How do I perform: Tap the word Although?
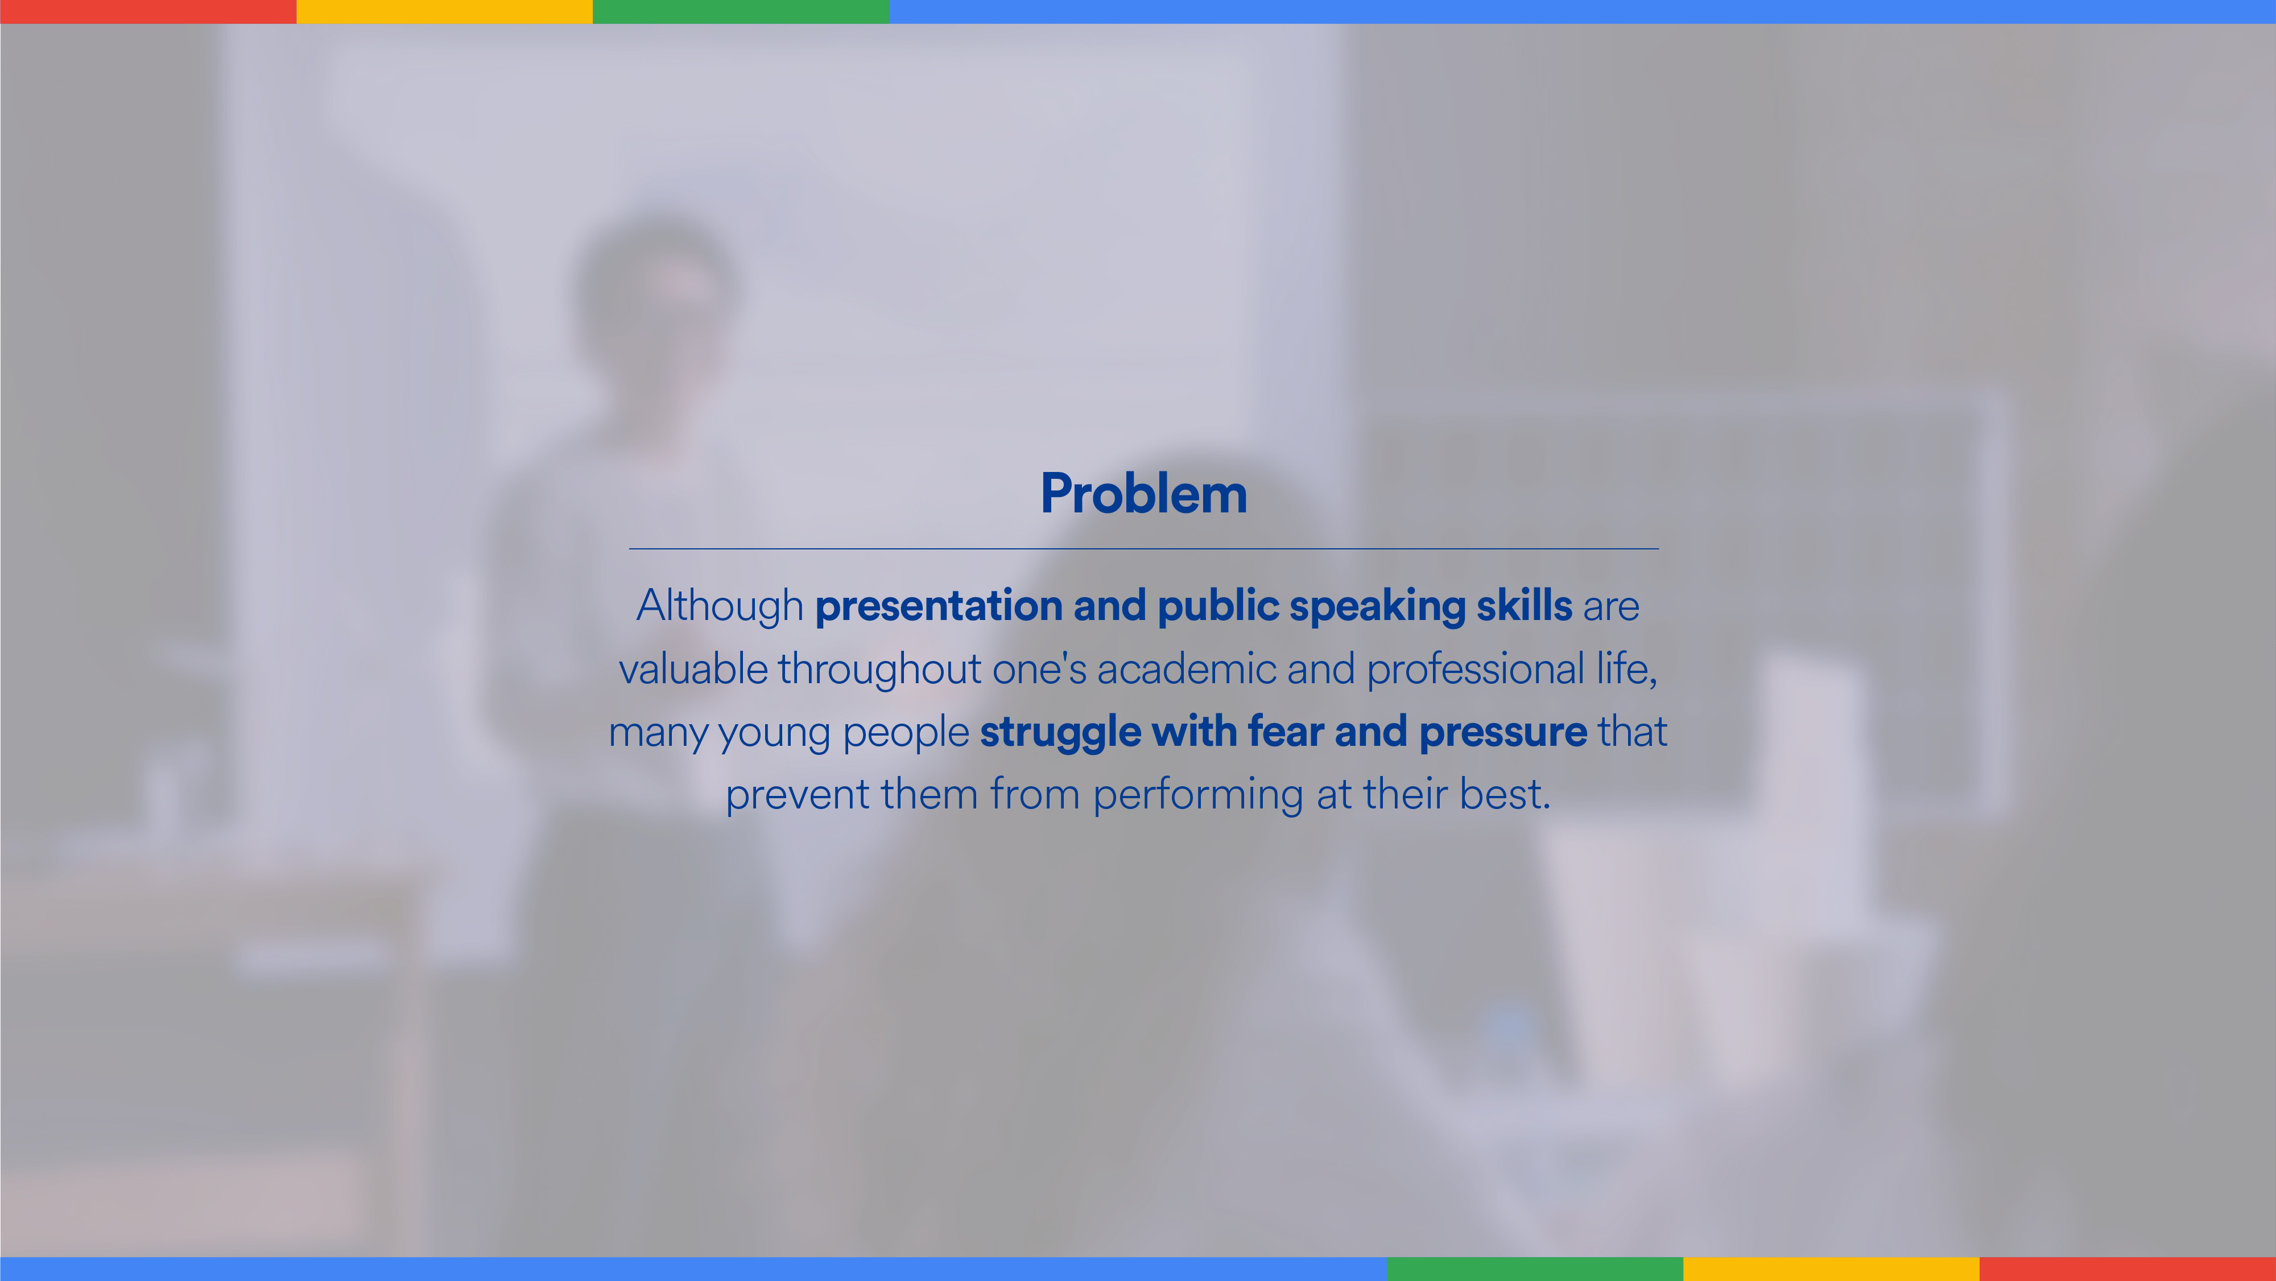coord(720,606)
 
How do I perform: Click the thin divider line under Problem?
coord(1143,549)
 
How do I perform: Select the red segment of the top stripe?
coord(148,11)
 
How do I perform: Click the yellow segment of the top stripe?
coord(444,11)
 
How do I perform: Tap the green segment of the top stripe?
coord(741,11)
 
